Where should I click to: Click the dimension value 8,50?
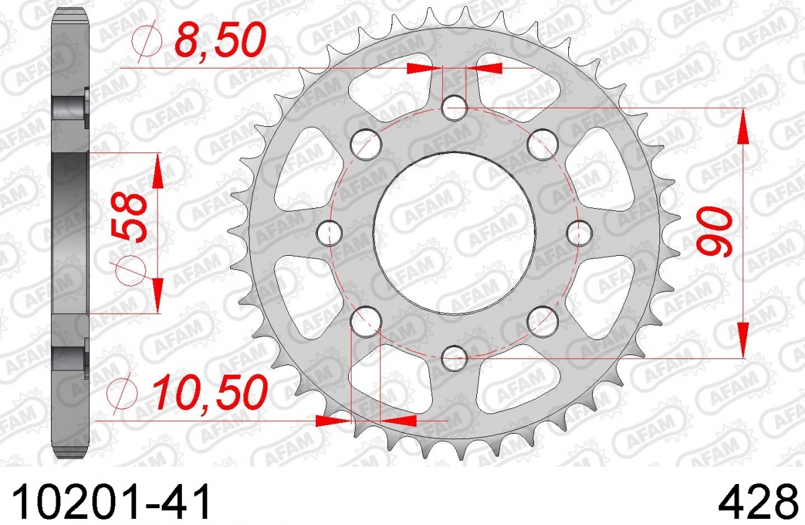[x=220, y=40]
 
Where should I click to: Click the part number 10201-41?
[x=111, y=501]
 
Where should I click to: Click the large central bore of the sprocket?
[x=454, y=233]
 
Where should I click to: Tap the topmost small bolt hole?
[x=455, y=108]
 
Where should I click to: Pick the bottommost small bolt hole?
[x=455, y=358]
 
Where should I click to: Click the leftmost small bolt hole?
[x=329, y=233]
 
